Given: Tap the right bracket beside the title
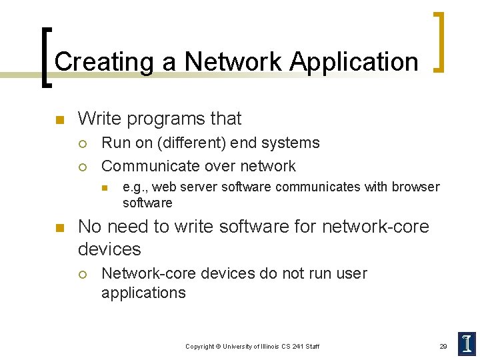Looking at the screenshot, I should pos(439,41).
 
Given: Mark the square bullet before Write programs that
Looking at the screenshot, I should pos(59,121).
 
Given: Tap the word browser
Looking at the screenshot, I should pos(415,187).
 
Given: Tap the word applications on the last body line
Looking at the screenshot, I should pos(143,293).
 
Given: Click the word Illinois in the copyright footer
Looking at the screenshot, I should pos(264,346).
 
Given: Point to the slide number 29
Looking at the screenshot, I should pos(443,346).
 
